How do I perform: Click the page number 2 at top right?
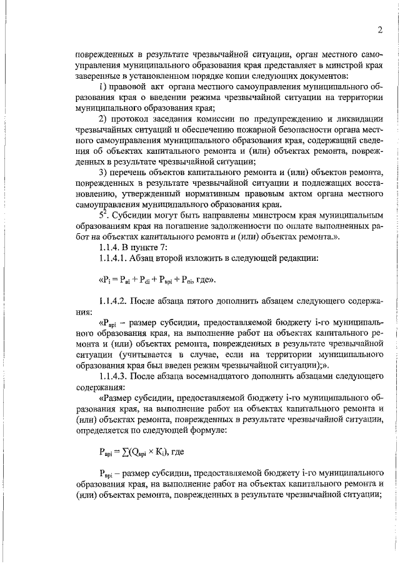tap(379, 29)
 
